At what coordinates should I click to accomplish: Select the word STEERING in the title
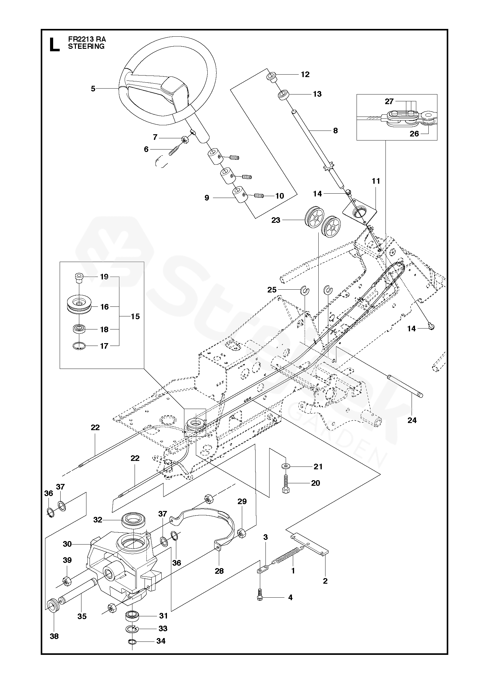tap(86, 47)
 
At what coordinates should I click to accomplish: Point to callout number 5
tap(93, 89)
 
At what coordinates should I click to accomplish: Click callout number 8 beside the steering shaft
tap(335, 131)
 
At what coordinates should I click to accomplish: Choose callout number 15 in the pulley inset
tap(135, 317)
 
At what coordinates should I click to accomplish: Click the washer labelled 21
tap(285, 475)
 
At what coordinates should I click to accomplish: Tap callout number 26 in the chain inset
tap(414, 134)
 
